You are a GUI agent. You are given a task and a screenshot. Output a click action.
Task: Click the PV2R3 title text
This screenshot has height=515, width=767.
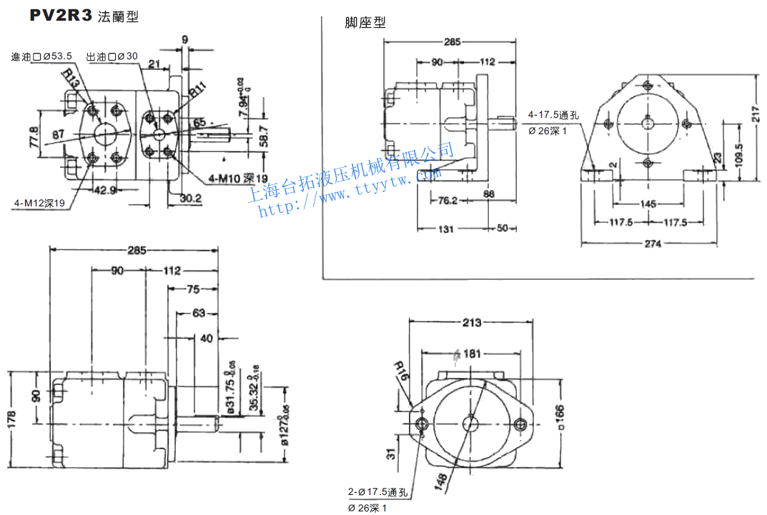pyautogui.click(x=61, y=16)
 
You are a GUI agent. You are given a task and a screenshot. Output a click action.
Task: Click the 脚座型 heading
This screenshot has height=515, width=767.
pyautogui.click(x=365, y=23)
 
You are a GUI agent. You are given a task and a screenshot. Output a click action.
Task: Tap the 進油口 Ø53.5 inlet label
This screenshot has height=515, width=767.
pyautogui.click(x=41, y=56)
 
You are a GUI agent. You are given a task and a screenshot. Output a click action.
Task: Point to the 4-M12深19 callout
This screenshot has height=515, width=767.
pyautogui.click(x=39, y=204)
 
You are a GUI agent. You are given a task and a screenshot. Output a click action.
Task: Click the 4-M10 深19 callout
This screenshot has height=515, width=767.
pyautogui.click(x=237, y=178)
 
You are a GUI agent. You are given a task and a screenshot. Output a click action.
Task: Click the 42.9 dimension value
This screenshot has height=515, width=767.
pyautogui.click(x=105, y=190)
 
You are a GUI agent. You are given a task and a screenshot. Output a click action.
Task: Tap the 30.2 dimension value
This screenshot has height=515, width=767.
pyautogui.click(x=191, y=198)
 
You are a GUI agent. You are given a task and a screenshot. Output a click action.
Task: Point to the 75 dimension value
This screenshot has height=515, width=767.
pyautogui.click(x=192, y=289)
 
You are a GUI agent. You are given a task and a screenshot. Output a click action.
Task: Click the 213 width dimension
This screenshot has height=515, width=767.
pyautogui.click(x=471, y=323)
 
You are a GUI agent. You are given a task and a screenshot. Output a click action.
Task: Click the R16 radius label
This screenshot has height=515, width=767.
pyautogui.click(x=402, y=371)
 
